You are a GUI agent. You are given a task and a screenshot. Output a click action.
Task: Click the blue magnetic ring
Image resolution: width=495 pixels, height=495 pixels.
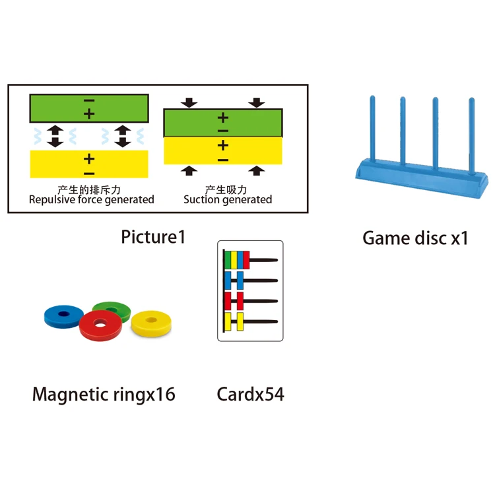(x=60, y=316)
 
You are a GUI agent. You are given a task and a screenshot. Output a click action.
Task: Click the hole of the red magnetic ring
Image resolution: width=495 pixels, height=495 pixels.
(x=100, y=324)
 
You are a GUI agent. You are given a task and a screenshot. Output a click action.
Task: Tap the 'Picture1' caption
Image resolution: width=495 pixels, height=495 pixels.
(x=153, y=236)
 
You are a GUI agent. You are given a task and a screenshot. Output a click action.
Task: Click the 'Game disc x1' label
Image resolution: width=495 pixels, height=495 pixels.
(x=415, y=238)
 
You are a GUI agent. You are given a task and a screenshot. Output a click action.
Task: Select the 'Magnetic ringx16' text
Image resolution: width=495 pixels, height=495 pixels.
(x=104, y=395)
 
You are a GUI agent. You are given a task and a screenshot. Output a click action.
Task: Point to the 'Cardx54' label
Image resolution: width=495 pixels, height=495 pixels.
(x=250, y=395)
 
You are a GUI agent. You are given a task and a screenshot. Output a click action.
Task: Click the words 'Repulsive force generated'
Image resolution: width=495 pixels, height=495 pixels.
(x=91, y=199)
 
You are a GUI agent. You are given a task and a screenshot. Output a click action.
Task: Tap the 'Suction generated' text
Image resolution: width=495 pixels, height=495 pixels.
(x=228, y=199)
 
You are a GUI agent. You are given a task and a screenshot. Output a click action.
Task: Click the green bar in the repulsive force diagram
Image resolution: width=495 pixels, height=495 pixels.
(x=89, y=108)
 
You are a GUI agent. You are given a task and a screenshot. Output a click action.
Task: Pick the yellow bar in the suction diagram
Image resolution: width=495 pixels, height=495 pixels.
(x=222, y=150)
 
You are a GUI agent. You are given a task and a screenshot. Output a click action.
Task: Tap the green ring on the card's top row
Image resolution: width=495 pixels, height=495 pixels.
(x=228, y=259)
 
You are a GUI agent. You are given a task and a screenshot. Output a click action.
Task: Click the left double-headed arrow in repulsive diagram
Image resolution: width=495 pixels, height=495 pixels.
(x=55, y=135)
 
